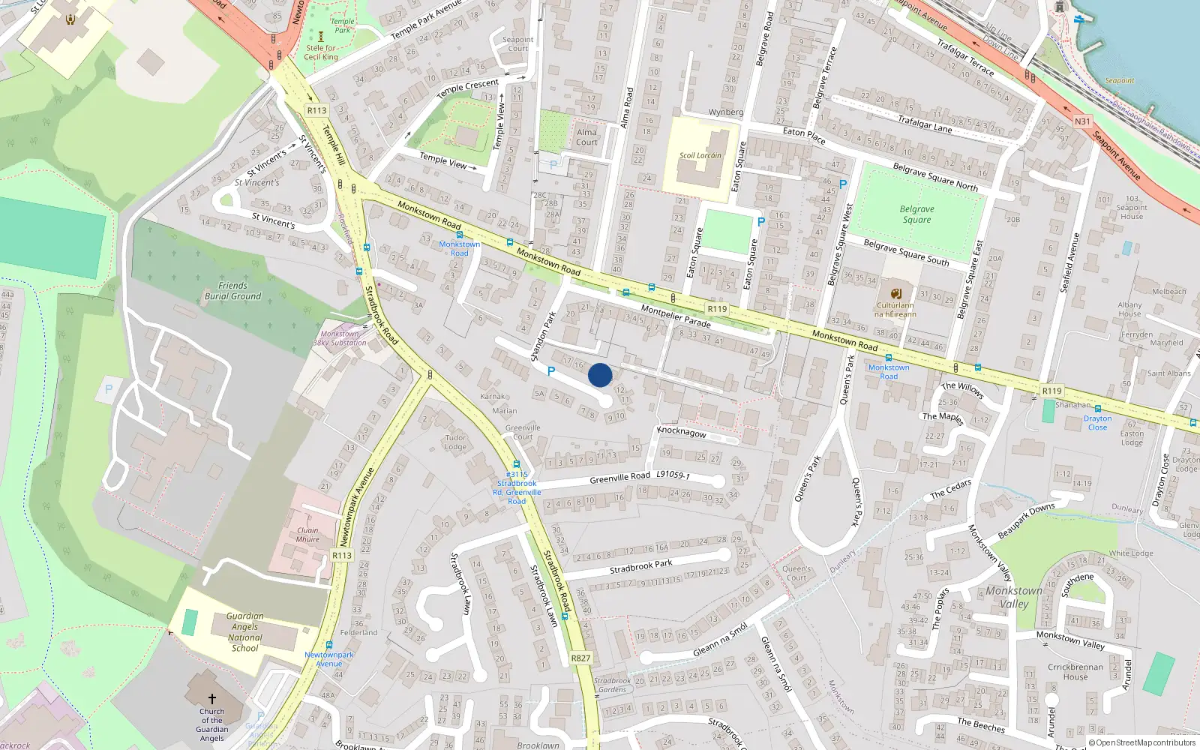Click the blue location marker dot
coord(600,375)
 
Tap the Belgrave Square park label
coord(916,214)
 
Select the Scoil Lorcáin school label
coord(700,156)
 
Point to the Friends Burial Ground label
coord(232,291)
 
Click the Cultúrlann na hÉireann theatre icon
coord(895,294)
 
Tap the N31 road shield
coord(1082,121)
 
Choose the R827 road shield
coord(580,658)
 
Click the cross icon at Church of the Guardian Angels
coord(212,699)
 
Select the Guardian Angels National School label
coord(244,631)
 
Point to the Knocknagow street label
coord(681,433)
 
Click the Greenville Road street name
coord(619,478)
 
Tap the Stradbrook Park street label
coord(640,566)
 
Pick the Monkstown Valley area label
coord(1014,597)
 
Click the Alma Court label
coord(586,137)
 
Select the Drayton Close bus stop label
coord(1097,423)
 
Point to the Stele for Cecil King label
coord(321,52)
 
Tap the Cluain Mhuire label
coord(307,535)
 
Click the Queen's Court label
coord(796,573)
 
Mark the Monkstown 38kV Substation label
coord(340,338)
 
